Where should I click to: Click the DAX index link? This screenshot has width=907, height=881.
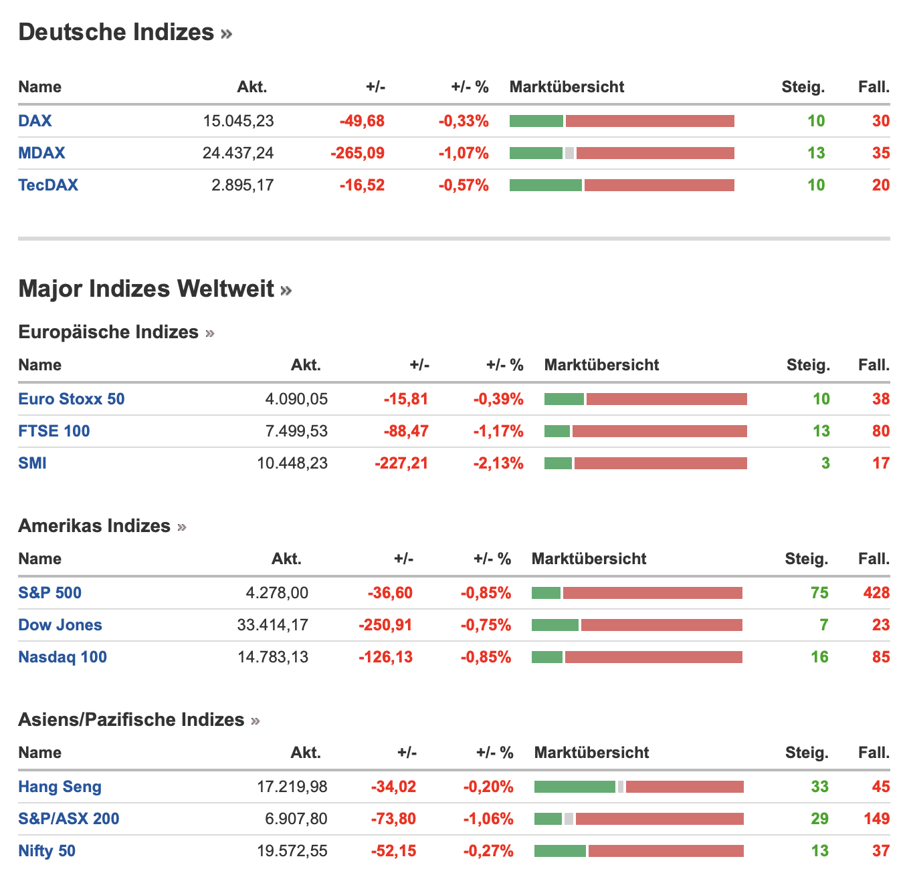35,121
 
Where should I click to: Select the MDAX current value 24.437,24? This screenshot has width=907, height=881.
238,153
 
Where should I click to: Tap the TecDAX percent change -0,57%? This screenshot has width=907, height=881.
464,185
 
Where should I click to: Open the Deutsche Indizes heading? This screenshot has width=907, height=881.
116,32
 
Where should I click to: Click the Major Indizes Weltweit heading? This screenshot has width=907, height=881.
146,289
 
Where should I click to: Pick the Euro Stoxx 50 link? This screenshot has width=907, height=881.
72,399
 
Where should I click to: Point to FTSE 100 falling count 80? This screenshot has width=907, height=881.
880,431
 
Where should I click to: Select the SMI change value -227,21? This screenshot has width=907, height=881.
401,463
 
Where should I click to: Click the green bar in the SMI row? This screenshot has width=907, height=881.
558,463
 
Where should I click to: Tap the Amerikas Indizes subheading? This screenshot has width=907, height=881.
94,526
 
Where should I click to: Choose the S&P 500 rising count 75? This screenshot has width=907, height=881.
819,593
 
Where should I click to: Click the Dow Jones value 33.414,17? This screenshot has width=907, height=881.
273,625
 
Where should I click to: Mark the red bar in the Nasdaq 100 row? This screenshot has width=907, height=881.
653,657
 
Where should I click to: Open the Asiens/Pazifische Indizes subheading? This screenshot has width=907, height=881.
131,720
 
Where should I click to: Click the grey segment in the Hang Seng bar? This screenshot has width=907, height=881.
621,787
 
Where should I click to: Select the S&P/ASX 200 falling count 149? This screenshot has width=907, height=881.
876,819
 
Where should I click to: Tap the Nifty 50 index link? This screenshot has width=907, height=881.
47,851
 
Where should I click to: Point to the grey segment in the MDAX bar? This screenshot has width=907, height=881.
569,153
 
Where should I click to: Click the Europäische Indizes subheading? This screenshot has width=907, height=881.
108,332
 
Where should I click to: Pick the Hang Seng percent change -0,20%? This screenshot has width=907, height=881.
488,787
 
